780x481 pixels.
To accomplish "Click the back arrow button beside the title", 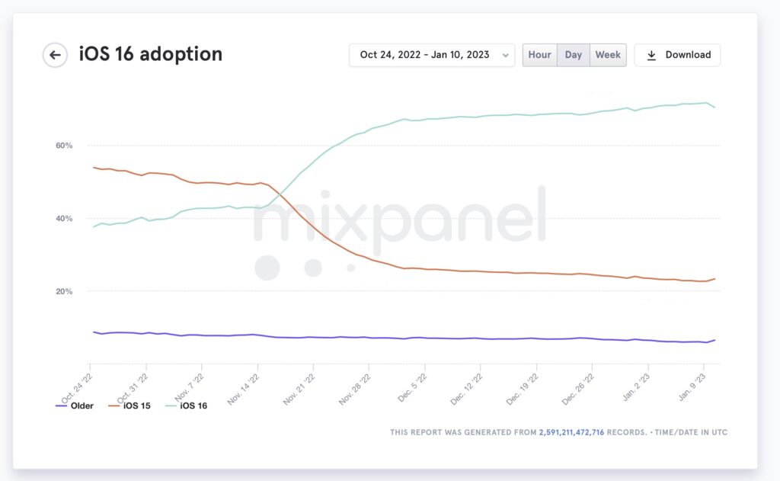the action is coord(55,55).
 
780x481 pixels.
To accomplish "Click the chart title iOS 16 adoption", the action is coord(151,54).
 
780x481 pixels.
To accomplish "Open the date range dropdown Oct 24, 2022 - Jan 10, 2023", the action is coord(432,55).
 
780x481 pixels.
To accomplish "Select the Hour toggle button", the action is coord(540,55).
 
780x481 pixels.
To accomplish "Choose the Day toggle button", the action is coord(573,55).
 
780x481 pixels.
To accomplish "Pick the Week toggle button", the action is coord(608,55).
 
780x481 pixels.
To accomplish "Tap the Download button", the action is coord(677,55).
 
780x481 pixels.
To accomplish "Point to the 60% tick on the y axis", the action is coord(64,146).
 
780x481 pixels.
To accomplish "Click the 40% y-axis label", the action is coord(64,218).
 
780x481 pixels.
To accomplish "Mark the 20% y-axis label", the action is coord(64,291).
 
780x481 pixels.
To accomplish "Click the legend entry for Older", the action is coord(75,406).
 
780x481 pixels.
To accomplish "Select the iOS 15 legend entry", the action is coord(129,406).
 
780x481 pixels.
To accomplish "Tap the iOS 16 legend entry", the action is coord(186,406).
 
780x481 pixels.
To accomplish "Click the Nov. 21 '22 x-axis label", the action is coord(299,390).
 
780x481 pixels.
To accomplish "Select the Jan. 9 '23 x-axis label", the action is coord(692,387).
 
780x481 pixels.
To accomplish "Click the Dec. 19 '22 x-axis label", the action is coord(523,390).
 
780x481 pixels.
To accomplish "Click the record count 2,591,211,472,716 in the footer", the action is coord(571,432).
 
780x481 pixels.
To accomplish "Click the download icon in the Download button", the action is coord(651,56).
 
